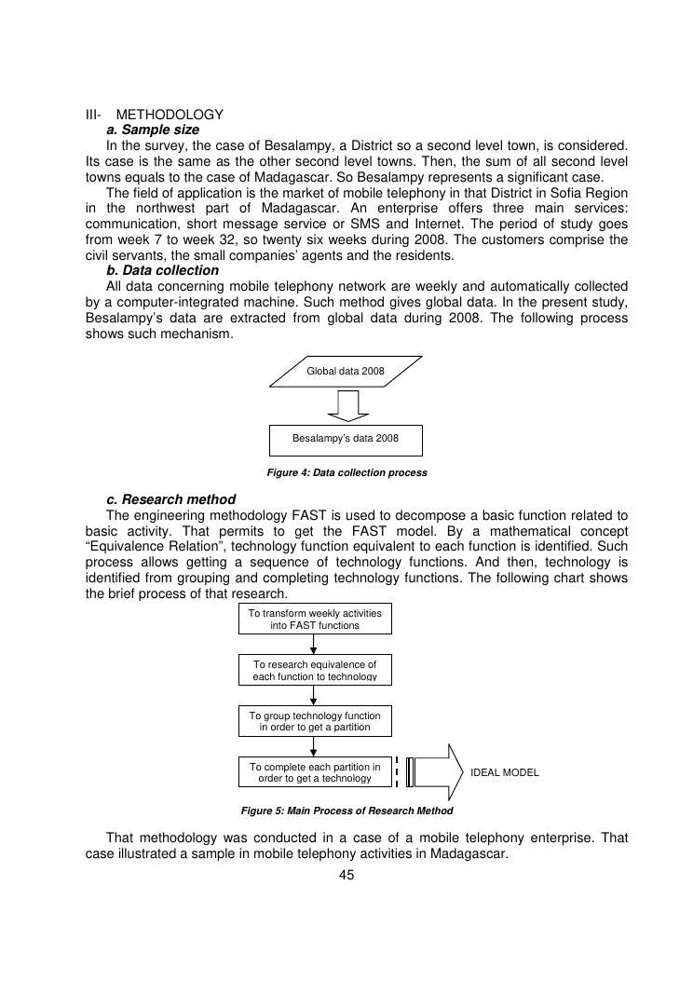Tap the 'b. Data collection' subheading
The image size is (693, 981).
pos(162,270)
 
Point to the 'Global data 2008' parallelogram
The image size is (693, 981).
pos(346,371)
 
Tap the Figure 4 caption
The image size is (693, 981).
pos(346,472)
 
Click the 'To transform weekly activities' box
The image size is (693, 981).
pos(315,619)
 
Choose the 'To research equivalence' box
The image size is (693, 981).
pos(315,670)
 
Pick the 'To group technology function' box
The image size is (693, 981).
pos(315,720)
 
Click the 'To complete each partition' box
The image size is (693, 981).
pos(315,772)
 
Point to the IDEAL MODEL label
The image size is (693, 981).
pos(505,772)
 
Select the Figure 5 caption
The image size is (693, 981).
pos(346,811)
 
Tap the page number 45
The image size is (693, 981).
pos(346,875)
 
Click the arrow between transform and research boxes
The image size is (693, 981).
pos(315,644)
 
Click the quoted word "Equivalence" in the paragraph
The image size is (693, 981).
pos(125,545)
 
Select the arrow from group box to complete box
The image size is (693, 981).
pos(315,746)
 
